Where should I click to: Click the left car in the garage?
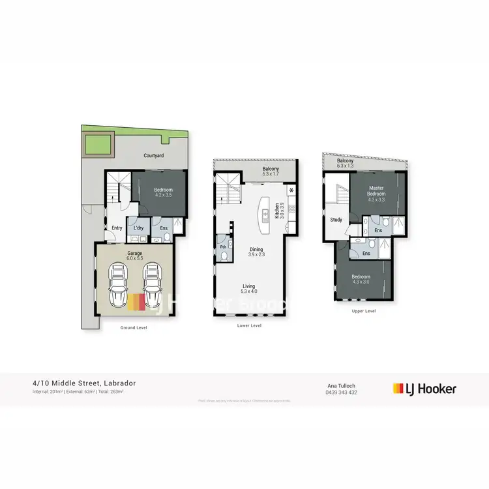(119, 285)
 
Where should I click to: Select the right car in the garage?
(152, 285)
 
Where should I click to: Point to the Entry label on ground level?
(117, 228)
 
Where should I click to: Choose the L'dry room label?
(138, 228)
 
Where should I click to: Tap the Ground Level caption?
(134, 327)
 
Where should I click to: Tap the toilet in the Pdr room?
(224, 258)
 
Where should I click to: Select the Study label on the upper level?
(336, 220)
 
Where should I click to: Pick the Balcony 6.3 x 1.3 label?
(346, 163)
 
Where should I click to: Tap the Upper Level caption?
(363, 311)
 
